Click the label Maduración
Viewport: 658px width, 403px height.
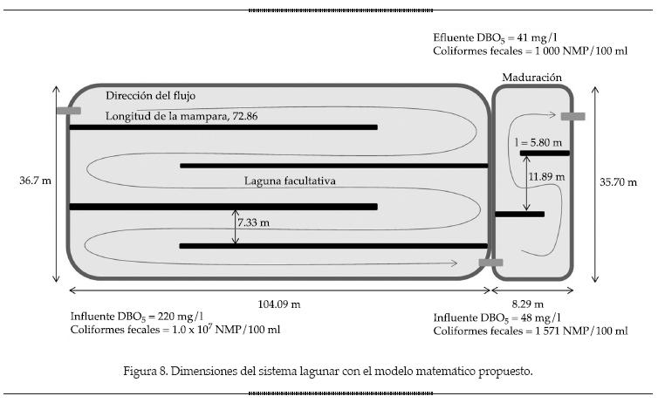(x=531, y=78)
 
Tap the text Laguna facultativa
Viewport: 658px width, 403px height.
(x=290, y=181)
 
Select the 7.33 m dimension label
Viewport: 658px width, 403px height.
(x=253, y=223)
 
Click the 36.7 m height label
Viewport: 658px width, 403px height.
(x=34, y=181)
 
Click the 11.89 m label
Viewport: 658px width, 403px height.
(x=546, y=177)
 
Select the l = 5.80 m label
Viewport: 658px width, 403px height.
(x=538, y=141)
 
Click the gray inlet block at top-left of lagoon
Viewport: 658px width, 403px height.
(x=68, y=111)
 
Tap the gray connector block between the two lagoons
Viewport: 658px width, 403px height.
(x=490, y=262)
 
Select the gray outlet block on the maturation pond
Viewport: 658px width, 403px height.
(x=572, y=116)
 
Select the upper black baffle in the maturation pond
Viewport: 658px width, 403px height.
(x=545, y=153)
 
